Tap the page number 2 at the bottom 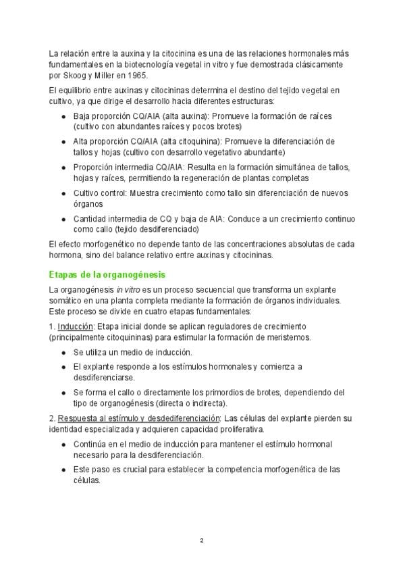(x=202, y=541)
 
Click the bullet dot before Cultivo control (x=63, y=193)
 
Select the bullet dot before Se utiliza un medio (x=63, y=352)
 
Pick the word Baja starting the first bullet (x=82, y=116)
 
